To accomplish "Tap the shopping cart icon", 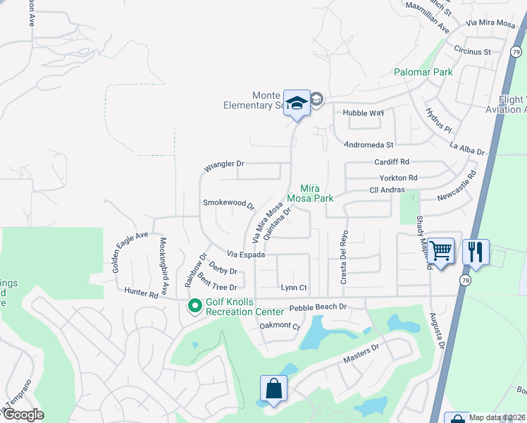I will click(x=440, y=250).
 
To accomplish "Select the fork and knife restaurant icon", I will click(x=476, y=251).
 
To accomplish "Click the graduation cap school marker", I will click(x=297, y=103).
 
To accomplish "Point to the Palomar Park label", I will click(x=423, y=73).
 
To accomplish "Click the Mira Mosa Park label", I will click(x=316, y=193).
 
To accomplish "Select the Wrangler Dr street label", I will click(x=224, y=166).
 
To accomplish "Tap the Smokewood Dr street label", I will click(x=228, y=204).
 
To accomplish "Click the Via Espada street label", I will click(x=245, y=254).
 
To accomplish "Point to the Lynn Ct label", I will click(x=294, y=288).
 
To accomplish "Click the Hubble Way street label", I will click(x=363, y=113).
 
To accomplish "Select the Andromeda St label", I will click(x=368, y=145).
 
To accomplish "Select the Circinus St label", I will click(x=472, y=51).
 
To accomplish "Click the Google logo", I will click(x=23, y=415).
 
